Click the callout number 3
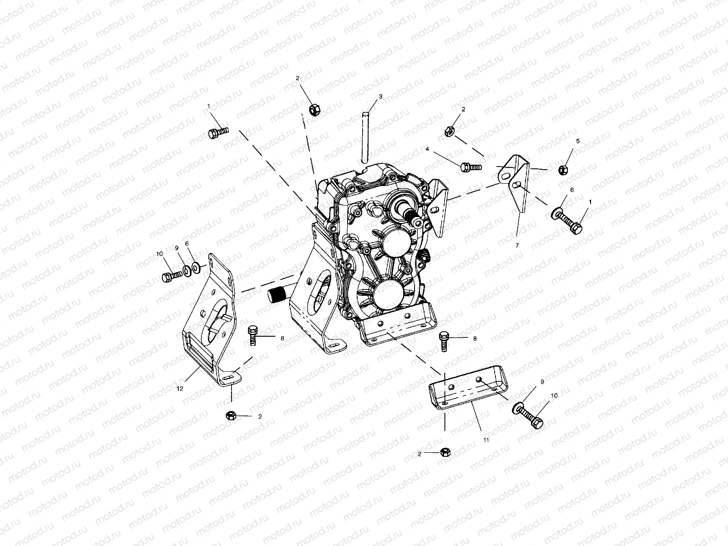point(380,96)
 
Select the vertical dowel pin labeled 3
point(364,136)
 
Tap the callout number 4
point(428,149)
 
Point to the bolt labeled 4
point(468,167)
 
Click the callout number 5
point(578,141)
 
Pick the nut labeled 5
point(563,170)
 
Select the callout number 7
point(517,245)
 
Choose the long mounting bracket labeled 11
point(469,387)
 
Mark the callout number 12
point(180,388)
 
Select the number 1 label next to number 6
point(590,201)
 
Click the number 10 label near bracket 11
point(554,396)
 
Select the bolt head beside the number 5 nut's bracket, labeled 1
point(576,227)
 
